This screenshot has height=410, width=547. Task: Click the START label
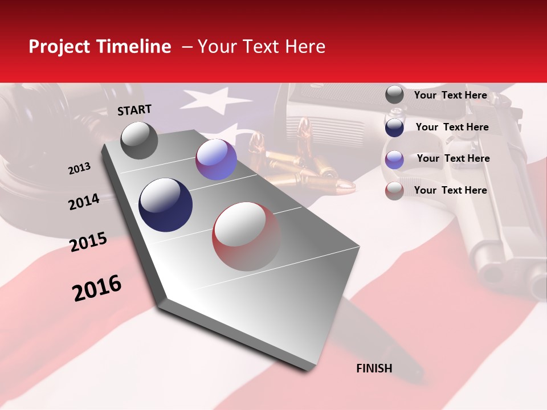(134, 110)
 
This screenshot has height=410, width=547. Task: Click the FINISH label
(374, 368)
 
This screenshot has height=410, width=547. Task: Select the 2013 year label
(79, 169)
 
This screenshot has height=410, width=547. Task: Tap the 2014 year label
(84, 202)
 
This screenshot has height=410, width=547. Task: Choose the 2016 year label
(97, 288)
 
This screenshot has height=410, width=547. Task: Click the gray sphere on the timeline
(139, 140)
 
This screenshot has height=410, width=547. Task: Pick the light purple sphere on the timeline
(216, 159)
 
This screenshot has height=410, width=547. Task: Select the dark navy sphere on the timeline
(165, 205)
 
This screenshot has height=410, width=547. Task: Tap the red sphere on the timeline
(247, 237)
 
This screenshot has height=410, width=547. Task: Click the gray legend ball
(394, 95)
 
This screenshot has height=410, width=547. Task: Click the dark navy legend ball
(394, 127)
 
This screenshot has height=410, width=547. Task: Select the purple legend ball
(394, 159)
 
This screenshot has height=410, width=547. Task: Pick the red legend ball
(394, 190)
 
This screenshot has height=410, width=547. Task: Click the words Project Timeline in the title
(100, 47)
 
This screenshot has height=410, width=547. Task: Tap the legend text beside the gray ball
(450, 95)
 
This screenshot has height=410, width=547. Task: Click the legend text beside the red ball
(450, 190)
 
